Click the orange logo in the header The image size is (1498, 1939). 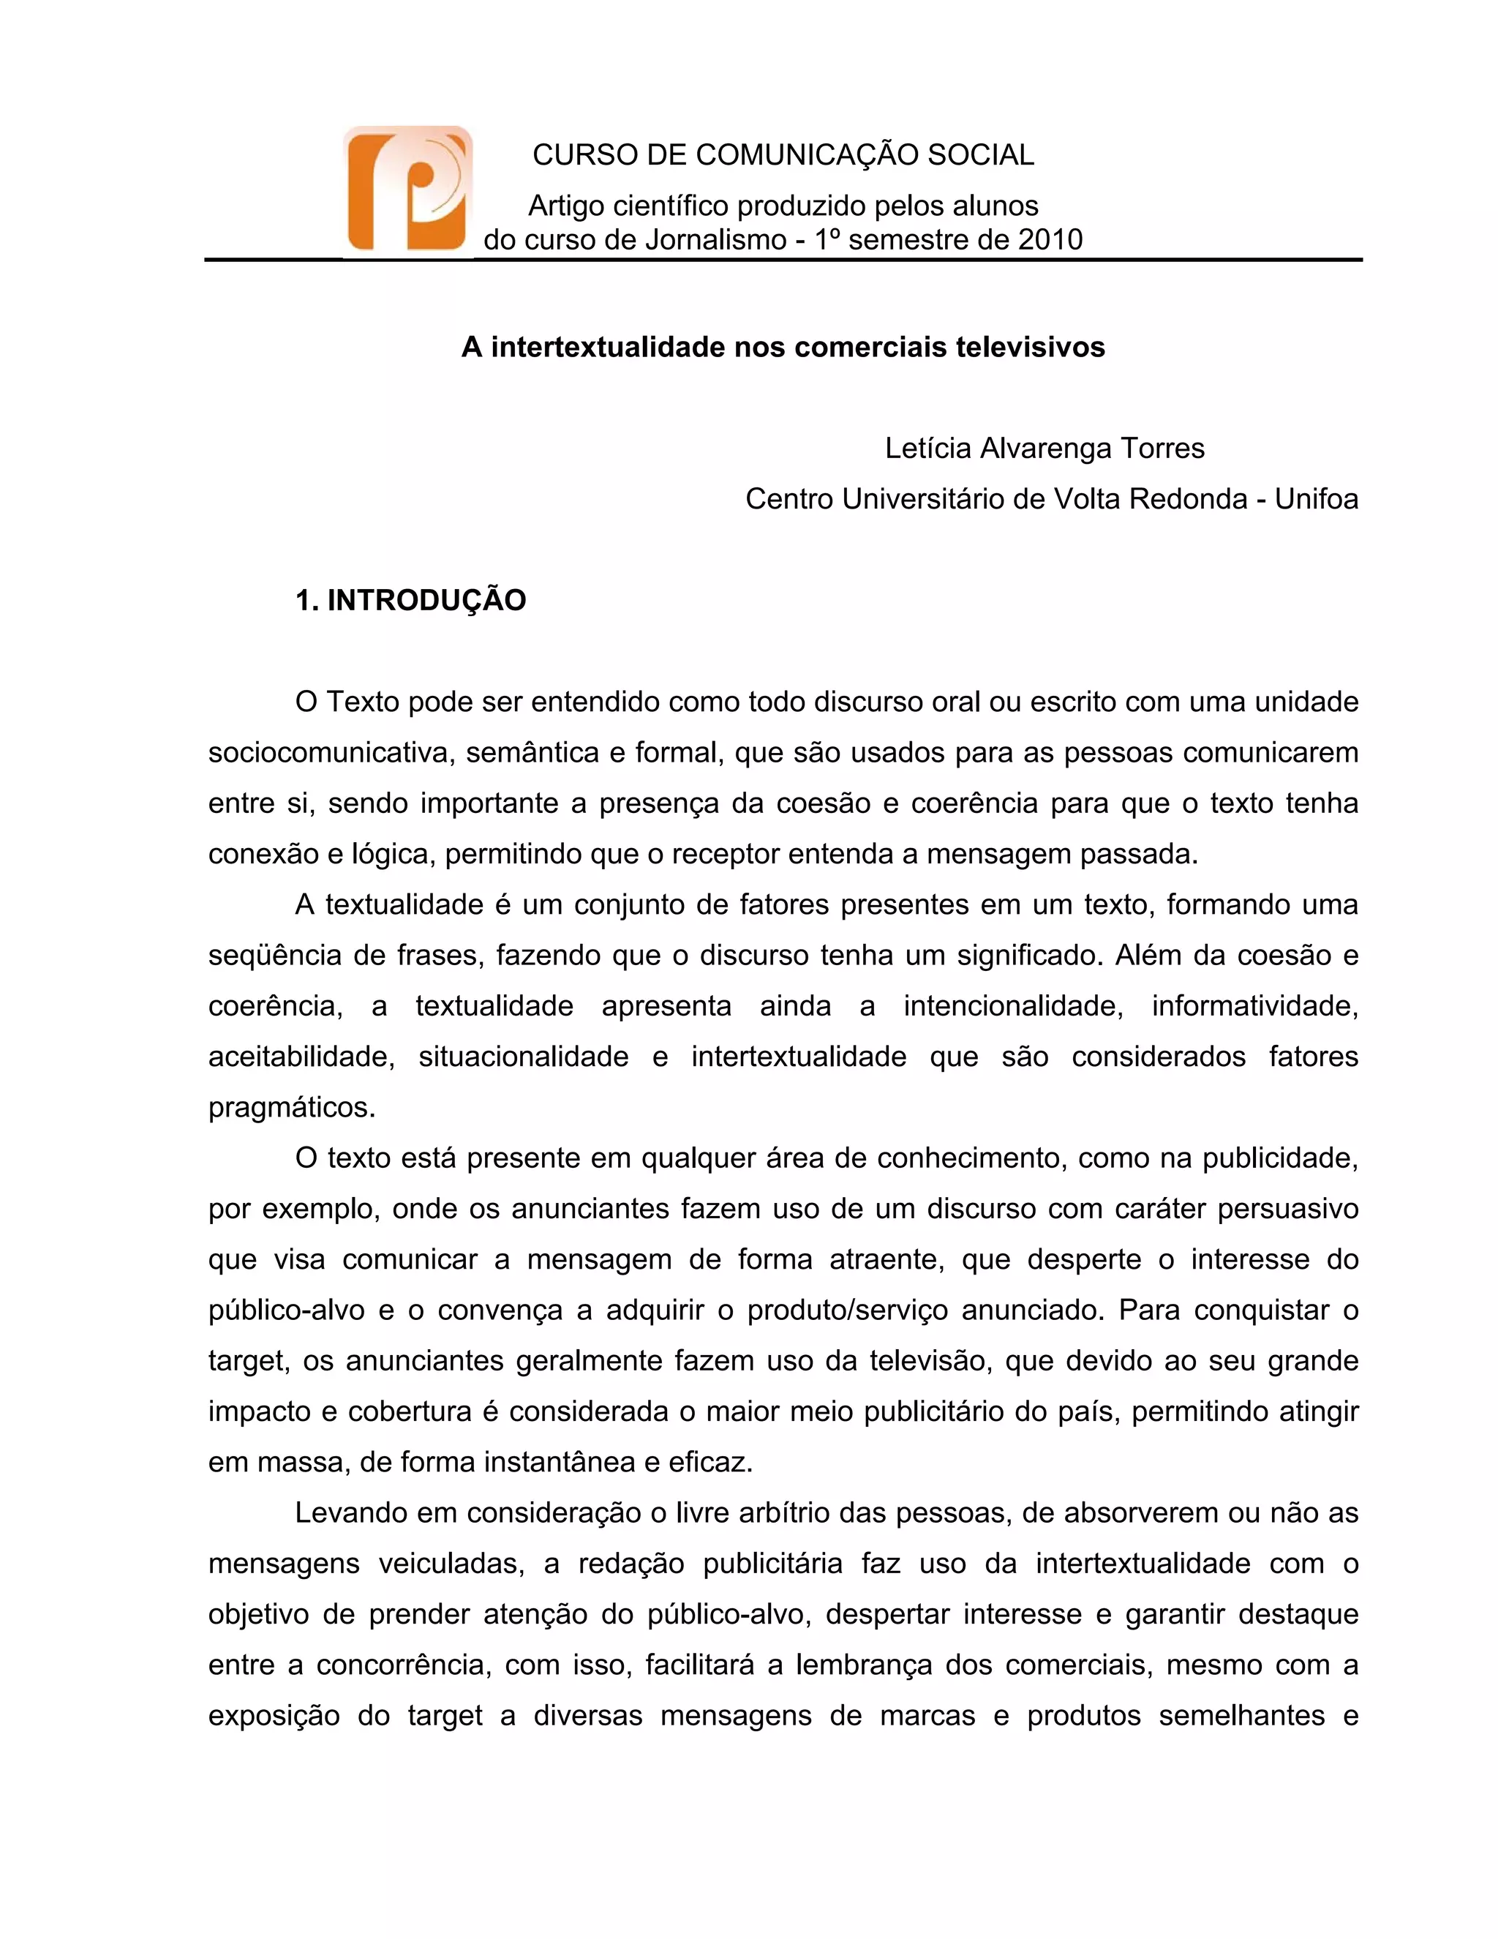pyautogui.click(x=407, y=189)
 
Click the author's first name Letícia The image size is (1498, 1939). pyautogui.click(x=927, y=449)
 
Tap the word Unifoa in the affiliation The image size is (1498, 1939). pyautogui.click(x=1316, y=499)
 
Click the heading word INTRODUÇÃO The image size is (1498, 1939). pyautogui.click(x=427, y=600)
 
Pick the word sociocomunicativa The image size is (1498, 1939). pyautogui.click(x=331, y=753)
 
